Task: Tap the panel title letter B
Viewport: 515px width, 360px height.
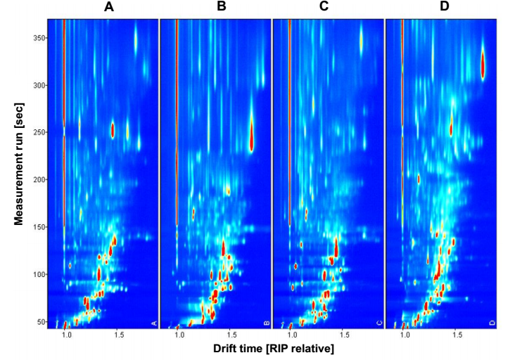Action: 222,8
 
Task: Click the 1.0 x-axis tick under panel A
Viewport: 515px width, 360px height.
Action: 66,336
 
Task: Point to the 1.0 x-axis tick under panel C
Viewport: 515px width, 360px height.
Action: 291,336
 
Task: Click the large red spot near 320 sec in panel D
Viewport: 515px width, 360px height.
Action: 483,67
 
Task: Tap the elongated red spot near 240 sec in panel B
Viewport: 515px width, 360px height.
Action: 251,137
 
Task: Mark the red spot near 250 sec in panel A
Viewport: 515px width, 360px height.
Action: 113,130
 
